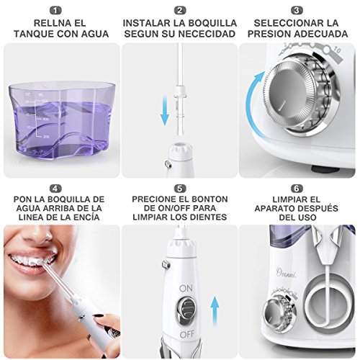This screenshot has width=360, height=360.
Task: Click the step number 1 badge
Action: [60, 11]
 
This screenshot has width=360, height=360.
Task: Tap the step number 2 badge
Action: [179, 11]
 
